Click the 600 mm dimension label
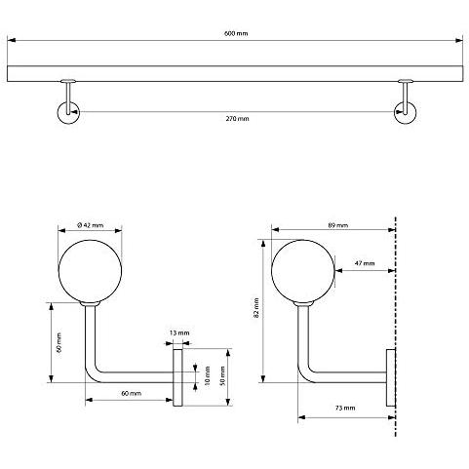coord(236,33)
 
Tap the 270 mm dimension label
coord(237,119)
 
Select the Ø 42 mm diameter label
coord(91,225)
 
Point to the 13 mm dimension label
coord(179,332)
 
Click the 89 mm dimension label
coord(338,225)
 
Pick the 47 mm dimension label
coord(365,263)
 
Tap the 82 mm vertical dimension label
coord(256,307)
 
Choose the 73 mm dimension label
coord(345,408)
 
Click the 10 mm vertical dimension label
coord(208,375)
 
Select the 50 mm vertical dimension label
coord(222,375)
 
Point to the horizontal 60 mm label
coord(132,393)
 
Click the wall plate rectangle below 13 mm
coord(177,377)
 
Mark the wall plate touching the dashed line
coord(391,377)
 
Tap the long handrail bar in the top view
coord(235,74)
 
